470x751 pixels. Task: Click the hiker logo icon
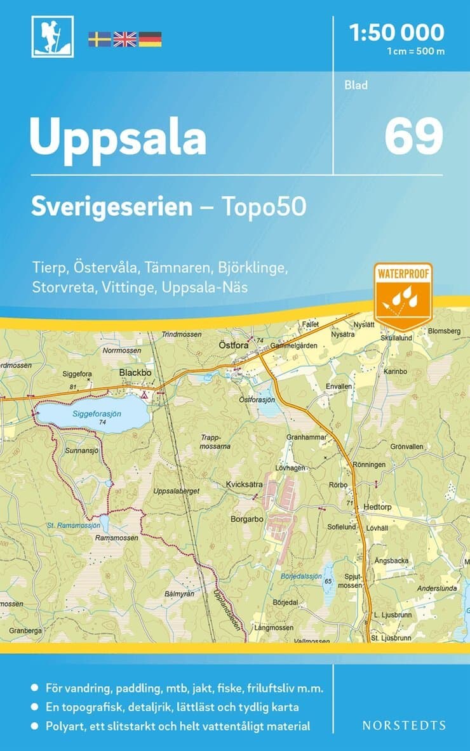pyautogui.click(x=53, y=37)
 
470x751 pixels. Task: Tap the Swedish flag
pyautogui.click(x=99, y=39)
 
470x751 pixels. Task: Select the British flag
pyautogui.click(x=124, y=39)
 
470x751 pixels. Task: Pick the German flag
pyautogui.click(x=150, y=39)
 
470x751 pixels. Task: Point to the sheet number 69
pyautogui.click(x=413, y=136)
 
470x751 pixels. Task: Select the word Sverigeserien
pyautogui.click(x=112, y=208)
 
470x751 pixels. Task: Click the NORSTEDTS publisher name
pyautogui.click(x=403, y=725)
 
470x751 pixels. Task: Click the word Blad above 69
pyautogui.click(x=356, y=85)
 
